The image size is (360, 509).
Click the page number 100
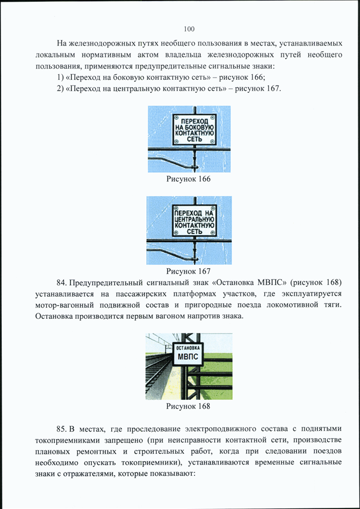[x=189, y=29]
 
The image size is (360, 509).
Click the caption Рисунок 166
[x=188, y=179]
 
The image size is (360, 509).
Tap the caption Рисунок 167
[x=188, y=271]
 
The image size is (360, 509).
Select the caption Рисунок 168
[x=188, y=406]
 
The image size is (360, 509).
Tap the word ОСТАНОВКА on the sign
[x=188, y=348]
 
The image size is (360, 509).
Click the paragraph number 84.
[x=61, y=282]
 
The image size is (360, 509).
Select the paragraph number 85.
[x=61, y=429]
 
